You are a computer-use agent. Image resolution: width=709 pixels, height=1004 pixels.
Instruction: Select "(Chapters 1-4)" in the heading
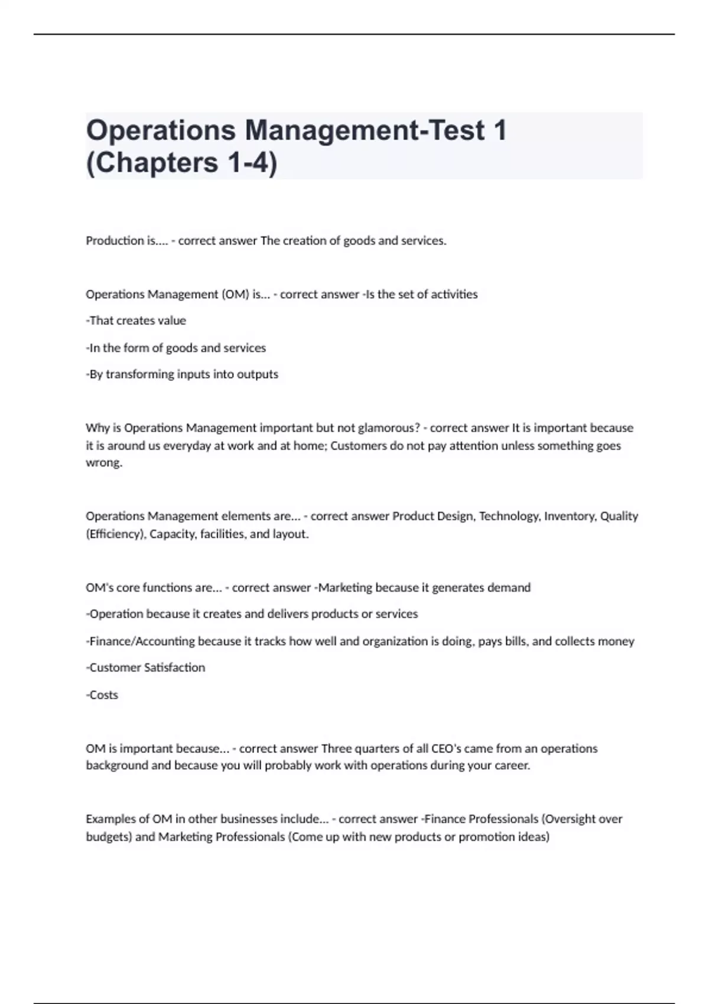(181, 163)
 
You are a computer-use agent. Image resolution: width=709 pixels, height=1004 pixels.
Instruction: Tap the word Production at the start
(115, 241)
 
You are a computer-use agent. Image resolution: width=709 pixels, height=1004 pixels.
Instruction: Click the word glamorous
(389, 428)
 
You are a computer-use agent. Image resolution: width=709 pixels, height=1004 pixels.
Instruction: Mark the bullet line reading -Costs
(102, 695)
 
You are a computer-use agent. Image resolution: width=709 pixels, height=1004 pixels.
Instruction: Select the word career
(512, 765)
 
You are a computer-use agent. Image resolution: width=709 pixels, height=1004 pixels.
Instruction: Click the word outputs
(257, 374)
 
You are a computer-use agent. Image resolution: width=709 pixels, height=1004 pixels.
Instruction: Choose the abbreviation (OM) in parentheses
(235, 294)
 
